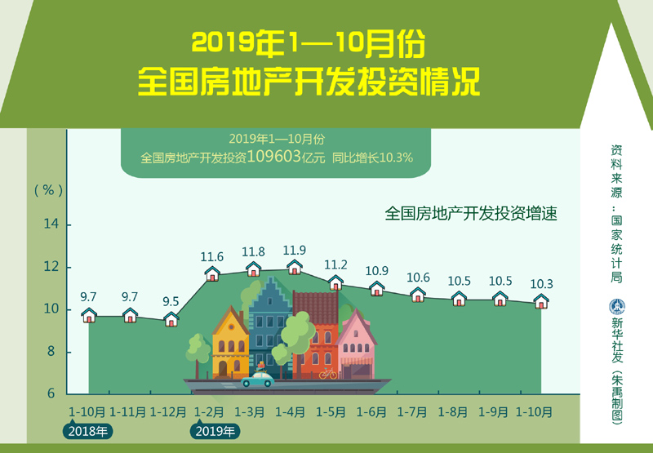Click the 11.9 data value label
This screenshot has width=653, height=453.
coord(295,251)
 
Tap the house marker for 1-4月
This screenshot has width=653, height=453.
coord(295,267)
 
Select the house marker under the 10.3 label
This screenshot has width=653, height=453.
coord(541,301)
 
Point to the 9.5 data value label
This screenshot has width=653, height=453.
coord(171,301)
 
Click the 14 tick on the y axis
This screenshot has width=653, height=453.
coord(51,224)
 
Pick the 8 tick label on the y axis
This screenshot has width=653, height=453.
coord(51,352)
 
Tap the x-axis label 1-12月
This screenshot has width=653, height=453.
coord(168,412)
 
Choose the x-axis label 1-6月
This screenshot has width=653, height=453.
coord(371,412)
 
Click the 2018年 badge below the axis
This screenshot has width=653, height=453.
coord(88,431)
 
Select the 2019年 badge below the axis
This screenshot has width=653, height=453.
coord(215,431)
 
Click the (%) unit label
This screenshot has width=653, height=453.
coord(49,190)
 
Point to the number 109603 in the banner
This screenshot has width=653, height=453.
coord(274,157)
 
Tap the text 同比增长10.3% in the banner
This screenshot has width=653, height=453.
coord(372,158)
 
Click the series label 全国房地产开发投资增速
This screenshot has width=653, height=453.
coord(471,214)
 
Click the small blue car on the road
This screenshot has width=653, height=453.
coord(258,380)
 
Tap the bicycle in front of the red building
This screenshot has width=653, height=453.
coord(328,374)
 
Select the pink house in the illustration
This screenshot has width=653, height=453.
coord(356,344)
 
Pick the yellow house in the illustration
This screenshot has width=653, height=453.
coord(230,343)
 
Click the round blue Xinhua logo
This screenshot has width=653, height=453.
coord(617,307)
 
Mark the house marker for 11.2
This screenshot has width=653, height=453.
coord(335,282)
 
